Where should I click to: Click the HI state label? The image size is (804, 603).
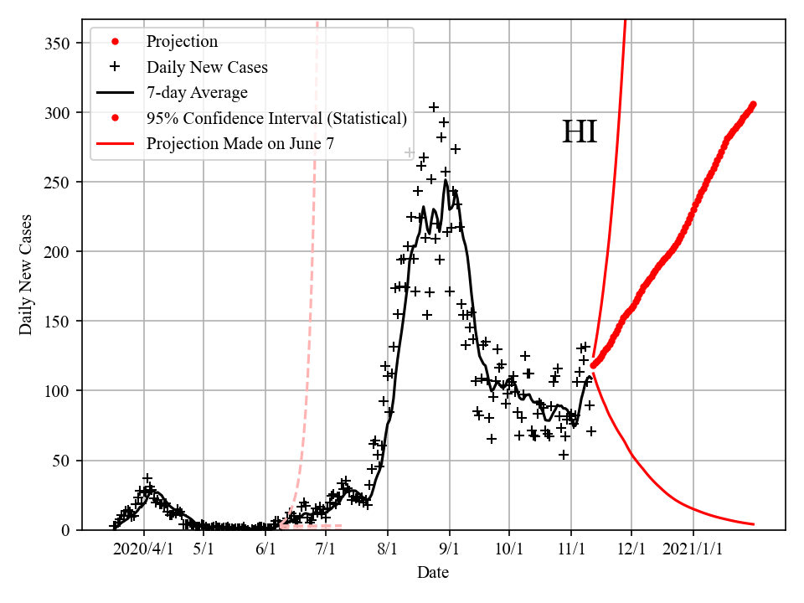coord(579,132)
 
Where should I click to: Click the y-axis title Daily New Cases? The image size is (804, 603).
coord(26,275)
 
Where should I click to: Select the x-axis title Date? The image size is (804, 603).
coord(433,573)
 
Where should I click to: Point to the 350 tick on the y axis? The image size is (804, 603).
coord(58,44)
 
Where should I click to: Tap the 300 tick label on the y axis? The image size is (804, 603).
coord(58,113)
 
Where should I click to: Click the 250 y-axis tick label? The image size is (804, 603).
coord(58,183)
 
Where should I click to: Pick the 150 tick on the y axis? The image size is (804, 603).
coord(58,322)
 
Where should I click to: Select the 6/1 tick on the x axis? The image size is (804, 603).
coord(265,549)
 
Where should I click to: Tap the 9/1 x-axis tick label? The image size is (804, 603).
coord(450,549)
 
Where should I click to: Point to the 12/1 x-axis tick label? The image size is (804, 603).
coord(631,549)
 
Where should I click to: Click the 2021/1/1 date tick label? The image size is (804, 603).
coord(693,549)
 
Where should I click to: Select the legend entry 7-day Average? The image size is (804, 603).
coord(197,92)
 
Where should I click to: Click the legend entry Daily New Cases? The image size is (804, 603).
coord(207,67)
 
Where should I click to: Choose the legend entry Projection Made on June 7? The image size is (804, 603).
coord(240,143)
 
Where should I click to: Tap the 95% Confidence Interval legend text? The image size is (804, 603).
coord(276,118)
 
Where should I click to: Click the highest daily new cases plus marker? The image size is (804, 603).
coord(434,107)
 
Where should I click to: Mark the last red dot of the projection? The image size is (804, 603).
coord(753,105)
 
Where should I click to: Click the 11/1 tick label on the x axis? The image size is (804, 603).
coord(570,549)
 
